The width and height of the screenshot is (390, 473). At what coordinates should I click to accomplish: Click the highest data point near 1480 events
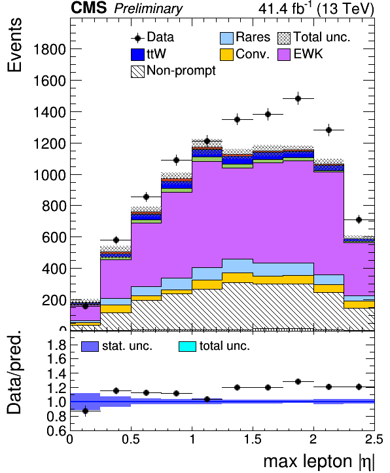[x=298, y=99]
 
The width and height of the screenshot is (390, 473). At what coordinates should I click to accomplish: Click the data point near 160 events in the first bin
[x=85, y=306]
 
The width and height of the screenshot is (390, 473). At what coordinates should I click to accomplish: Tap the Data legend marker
[x=137, y=38]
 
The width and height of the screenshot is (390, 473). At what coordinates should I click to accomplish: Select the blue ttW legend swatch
[x=137, y=55]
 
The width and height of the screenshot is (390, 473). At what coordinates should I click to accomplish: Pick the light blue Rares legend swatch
[x=226, y=38]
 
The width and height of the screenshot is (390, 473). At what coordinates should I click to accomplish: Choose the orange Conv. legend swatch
[x=226, y=55]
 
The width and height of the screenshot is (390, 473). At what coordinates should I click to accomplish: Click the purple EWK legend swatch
[x=284, y=55]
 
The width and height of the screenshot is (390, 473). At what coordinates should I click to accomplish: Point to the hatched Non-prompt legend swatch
[x=137, y=72]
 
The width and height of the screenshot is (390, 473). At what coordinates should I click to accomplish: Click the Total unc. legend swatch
[x=284, y=38]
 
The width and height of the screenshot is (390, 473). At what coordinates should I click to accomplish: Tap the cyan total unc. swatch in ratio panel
[x=187, y=347]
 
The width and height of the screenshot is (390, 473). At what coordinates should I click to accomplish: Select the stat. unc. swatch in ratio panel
[x=90, y=347]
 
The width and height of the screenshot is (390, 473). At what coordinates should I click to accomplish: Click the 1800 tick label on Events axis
[x=50, y=49]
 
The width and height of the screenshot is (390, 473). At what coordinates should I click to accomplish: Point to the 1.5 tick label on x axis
[x=253, y=439]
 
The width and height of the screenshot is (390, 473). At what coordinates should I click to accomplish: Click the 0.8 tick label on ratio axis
[x=56, y=417]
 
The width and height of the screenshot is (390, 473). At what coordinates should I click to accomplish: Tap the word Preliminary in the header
[x=148, y=9]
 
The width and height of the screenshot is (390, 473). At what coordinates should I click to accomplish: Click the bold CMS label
[x=88, y=8]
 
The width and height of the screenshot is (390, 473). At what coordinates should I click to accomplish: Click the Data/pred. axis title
[x=14, y=373]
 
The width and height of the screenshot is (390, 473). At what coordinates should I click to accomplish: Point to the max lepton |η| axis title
[x=319, y=462]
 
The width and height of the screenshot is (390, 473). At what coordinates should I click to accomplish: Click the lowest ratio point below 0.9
[x=85, y=411]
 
